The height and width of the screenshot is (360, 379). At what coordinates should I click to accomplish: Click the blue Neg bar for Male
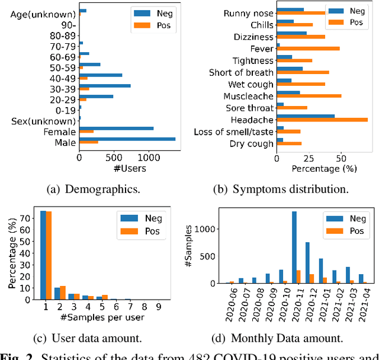click(127, 139)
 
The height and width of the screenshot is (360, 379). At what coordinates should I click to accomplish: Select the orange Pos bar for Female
click(86, 131)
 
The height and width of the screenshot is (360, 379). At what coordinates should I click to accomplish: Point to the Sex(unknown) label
click(44, 121)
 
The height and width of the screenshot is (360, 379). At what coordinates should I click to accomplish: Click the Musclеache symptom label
click(248, 96)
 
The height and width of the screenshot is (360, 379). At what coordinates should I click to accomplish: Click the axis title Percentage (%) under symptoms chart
click(324, 169)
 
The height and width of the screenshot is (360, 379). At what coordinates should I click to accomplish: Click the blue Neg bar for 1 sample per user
click(43, 255)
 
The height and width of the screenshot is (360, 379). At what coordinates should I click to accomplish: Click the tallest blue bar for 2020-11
click(294, 247)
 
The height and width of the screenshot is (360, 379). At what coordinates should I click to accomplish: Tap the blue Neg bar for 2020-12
click(307, 262)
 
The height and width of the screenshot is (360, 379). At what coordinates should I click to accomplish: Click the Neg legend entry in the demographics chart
click(150, 12)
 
